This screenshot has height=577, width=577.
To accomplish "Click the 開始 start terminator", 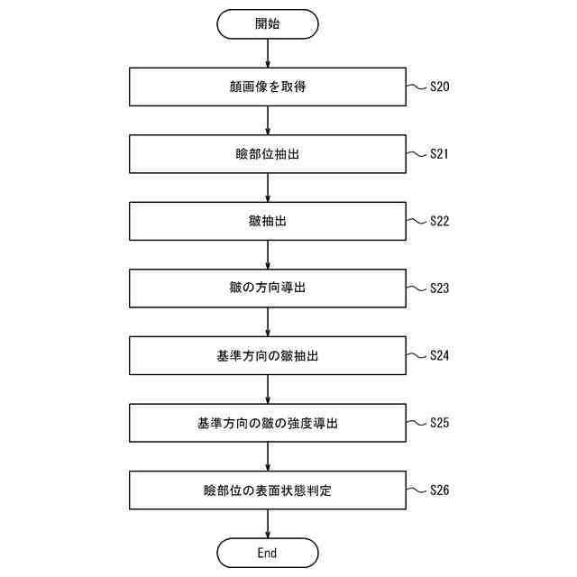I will point(267,24).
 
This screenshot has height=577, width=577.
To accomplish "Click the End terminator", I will point(267,552).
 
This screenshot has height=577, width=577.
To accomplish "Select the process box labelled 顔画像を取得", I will point(267,87).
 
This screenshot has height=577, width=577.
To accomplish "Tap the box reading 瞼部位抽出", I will point(267,154).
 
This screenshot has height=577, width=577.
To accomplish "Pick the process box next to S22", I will point(267,221).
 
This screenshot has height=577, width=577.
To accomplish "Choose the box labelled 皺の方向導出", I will point(267,288).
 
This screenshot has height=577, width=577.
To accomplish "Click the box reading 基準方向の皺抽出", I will point(267,355).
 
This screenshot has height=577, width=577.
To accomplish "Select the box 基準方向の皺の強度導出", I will point(267,423).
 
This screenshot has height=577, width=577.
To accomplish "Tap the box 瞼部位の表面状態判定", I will point(267,490).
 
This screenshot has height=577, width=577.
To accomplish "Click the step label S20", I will point(439,87).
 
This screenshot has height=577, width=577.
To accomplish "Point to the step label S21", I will point(439,154).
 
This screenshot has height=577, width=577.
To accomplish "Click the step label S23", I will point(439,288).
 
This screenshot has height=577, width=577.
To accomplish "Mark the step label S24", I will point(439,355).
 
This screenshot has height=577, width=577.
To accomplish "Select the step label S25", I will point(439,423).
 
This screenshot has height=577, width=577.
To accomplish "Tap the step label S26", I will point(439,490).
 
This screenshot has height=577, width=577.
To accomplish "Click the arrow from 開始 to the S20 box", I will point(268,53).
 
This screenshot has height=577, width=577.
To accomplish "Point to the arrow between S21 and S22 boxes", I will point(268,188).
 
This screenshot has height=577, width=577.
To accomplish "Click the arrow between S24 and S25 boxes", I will point(268,389).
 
